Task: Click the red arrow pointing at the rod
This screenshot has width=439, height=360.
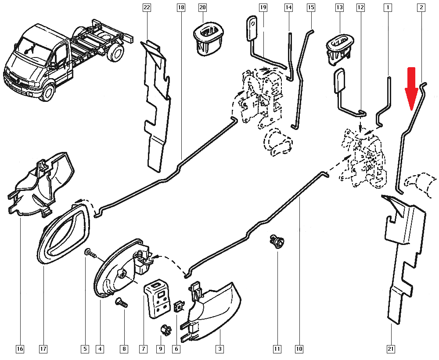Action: coord(411,90)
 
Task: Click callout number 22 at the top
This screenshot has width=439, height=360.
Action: coord(147,7)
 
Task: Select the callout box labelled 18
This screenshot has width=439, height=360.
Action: coord(180,7)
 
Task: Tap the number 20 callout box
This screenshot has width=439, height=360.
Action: coord(202,7)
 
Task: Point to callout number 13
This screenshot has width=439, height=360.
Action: coord(339,7)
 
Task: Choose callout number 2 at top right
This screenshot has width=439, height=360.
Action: coord(421,7)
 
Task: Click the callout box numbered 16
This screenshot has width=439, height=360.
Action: coord(20,349)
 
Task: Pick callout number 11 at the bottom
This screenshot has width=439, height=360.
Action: coord(277,349)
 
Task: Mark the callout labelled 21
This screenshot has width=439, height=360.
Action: coord(391,349)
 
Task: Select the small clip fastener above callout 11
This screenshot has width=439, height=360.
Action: coord(277,241)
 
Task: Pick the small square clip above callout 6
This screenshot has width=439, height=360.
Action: coord(179,306)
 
